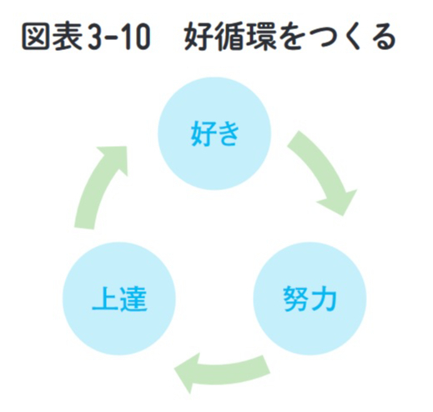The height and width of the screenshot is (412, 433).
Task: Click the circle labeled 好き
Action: tap(214, 133)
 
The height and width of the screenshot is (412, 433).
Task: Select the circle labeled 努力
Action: tap(310, 299)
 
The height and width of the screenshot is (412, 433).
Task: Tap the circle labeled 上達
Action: tap(119, 299)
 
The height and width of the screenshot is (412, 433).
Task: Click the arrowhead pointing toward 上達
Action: tap(187, 373)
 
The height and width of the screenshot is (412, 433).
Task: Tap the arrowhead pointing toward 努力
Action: tap(340, 203)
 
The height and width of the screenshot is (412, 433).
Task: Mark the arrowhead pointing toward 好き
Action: tap(115, 158)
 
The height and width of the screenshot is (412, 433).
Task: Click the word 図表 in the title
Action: tap(52, 37)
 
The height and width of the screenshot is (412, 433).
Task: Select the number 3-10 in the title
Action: tap(118, 37)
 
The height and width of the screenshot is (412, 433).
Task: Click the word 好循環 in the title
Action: tap(230, 37)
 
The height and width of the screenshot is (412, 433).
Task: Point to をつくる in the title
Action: tap(337, 37)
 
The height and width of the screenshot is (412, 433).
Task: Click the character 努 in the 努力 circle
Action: tap(296, 299)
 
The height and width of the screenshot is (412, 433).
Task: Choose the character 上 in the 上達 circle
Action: tap(105, 299)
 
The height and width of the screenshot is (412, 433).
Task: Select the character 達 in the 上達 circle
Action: tap(133, 299)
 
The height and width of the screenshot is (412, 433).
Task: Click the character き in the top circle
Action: tap(228, 133)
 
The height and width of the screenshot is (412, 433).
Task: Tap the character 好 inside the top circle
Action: tap(203, 133)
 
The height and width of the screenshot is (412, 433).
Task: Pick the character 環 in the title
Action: tap(261, 37)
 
